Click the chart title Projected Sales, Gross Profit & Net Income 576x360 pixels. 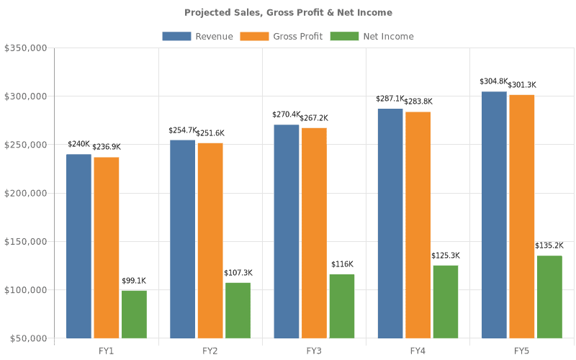(x=288, y=12)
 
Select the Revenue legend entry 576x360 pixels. (x=197, y=36)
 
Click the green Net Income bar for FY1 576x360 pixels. (x=134, y=314)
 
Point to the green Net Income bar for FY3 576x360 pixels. (x=342, y=306)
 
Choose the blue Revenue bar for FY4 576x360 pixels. (x=390, y=223)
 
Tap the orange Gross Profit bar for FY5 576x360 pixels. (x=521, y=216)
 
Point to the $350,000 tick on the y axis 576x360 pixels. (x=26, y=48)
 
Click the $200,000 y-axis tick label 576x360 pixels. (x=26, y=193)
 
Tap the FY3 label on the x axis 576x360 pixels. (x=314, y=351)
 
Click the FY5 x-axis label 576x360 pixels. (x=521, y=351)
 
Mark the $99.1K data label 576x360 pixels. (x=133, y=281)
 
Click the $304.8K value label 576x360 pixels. (x=493, y=82)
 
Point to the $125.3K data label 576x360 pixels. (x=446, y=256)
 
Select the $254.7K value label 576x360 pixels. (x=182, y=130)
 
